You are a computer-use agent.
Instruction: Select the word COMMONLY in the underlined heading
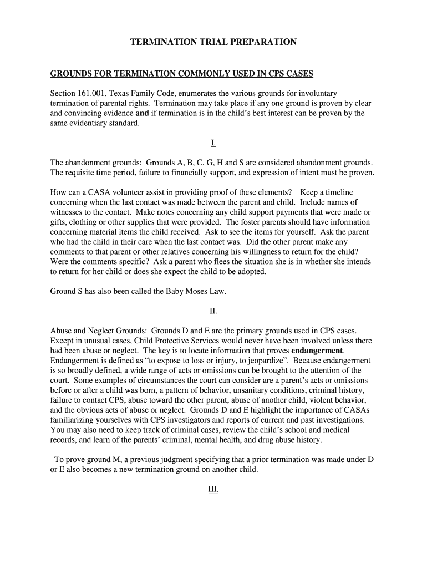click(199, 74)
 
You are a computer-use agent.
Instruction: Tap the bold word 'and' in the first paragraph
click(142, 113)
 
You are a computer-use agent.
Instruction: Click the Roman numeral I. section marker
click(213, 143)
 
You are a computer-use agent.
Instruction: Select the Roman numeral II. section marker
click(213, 311)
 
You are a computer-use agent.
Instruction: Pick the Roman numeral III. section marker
click(213, 490)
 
